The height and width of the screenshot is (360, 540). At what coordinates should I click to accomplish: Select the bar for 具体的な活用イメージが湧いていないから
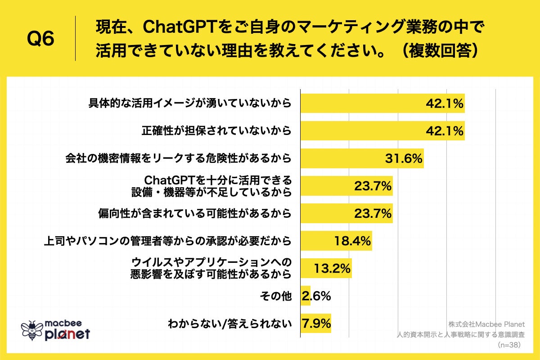382,103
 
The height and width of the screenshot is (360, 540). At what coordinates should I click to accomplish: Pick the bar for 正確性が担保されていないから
382,131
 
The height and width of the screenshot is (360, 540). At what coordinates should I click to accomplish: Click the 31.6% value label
403,158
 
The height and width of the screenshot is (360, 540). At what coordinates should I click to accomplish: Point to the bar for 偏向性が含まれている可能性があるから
346,213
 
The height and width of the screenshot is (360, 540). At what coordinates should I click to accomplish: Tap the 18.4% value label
352,241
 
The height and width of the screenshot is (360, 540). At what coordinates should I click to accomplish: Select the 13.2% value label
332,269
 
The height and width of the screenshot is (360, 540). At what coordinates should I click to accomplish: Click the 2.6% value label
317,296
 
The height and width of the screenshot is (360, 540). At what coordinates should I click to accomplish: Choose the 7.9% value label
317,323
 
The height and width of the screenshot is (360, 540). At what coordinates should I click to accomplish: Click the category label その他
276,296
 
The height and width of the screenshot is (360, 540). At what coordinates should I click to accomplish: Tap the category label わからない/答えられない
229,323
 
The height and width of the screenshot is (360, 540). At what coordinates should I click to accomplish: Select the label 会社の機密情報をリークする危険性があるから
178,158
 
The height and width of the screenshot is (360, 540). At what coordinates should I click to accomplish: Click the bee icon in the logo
32,330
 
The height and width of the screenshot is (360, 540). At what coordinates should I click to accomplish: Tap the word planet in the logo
67,334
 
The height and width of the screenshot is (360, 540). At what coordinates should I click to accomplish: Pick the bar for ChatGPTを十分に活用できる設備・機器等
346,186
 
